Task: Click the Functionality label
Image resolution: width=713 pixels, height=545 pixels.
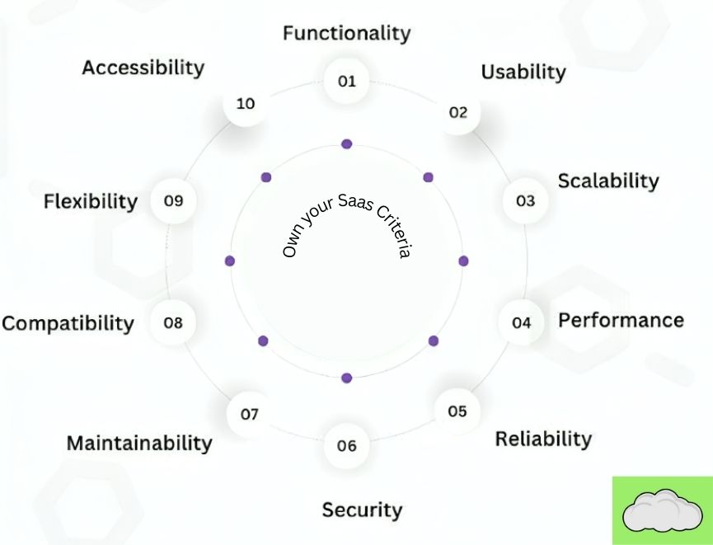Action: click(x=346, y=33)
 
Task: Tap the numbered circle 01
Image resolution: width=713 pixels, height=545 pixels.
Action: click(x=346, y=81)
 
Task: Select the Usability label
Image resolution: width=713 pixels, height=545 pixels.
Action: click(x=523, y=72)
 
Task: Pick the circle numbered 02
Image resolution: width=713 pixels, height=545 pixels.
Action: click(x=458, y=112)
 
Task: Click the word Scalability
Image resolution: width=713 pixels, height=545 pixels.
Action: click(x=608, y=181)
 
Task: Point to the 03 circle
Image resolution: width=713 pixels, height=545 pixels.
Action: click(x=525, y=200)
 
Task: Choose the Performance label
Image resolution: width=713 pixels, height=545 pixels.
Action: click(x=621, y=320)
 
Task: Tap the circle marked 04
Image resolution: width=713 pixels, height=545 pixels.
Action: click(x=521, y=322)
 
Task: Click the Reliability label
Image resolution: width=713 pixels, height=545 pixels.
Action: click(x=543, y=439)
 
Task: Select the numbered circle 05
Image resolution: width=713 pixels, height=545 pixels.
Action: click(x=457, y=411)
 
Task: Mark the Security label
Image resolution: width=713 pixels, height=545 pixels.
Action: click(x=362, y=510)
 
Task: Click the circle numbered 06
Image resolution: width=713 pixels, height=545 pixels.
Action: click(x=346, y=445)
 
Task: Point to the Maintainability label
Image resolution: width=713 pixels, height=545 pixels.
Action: click(x=139, y=443)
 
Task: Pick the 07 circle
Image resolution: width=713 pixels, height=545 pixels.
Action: click(x=249, y=414)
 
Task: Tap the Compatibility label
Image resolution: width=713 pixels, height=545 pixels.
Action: click(x=68, y=323)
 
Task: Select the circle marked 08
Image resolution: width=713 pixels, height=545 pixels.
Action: click(x=173, y=322)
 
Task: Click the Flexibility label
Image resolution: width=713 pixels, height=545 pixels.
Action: click(x=91, y=201)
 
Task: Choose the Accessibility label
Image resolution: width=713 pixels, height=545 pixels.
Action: click(x=143, y=68)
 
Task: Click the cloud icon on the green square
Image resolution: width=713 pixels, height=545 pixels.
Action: click(x=662, y=511)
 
